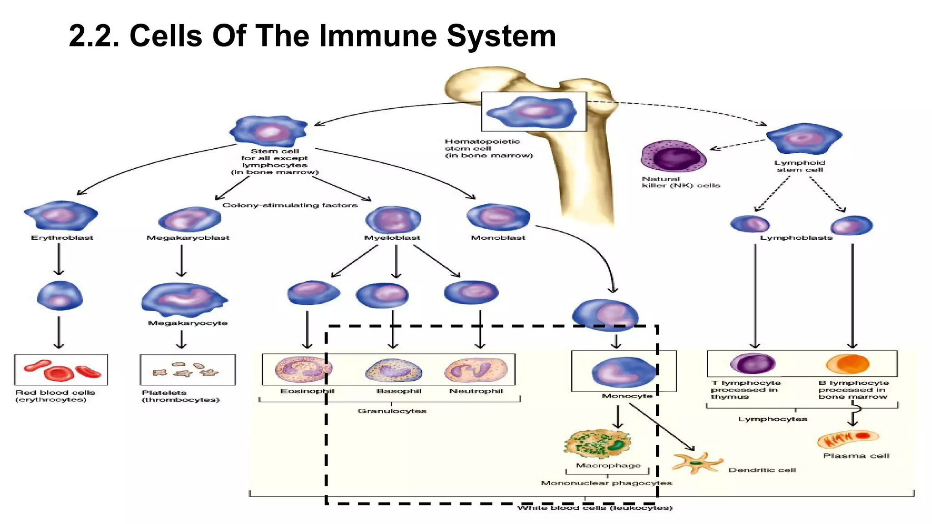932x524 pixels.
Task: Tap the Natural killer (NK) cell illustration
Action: point(673,156)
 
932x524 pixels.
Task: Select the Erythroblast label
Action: point(62,238)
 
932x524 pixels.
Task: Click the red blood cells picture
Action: point(61,370)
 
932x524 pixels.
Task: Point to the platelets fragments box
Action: point(187,370)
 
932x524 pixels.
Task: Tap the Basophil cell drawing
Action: point(394,370)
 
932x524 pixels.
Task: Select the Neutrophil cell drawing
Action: point(476,369)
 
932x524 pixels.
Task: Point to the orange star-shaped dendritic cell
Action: point(696,463)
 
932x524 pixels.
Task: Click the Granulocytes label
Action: point(392,411)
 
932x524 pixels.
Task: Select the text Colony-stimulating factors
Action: point(290,205)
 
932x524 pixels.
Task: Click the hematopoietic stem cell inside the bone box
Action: point(532,112)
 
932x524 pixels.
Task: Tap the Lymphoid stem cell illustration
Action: point(804,138)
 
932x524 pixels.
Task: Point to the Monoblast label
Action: point(498,238)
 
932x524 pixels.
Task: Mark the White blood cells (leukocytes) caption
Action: point(595,508)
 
